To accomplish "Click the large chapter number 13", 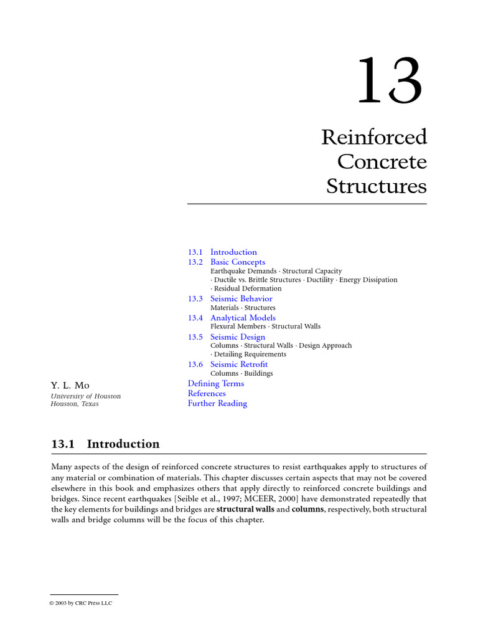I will (390, 81).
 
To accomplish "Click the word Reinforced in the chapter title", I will (373, 137).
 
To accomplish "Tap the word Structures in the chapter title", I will (377, 186).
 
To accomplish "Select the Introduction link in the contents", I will (233, 252).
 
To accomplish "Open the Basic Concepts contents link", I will (237, 262).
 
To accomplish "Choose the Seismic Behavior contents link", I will (241, 299).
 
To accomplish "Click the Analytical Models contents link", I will (243, 318).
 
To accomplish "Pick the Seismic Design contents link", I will (237, 337).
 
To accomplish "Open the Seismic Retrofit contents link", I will (239, 364).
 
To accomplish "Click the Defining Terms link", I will (216, 384).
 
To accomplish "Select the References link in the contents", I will (207, 394).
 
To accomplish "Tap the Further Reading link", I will (217, 404).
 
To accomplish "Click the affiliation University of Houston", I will (85, 396).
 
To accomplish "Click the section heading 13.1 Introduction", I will (105, 444).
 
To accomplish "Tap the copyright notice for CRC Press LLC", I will (81, 603).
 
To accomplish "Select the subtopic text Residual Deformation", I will (248, 289).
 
